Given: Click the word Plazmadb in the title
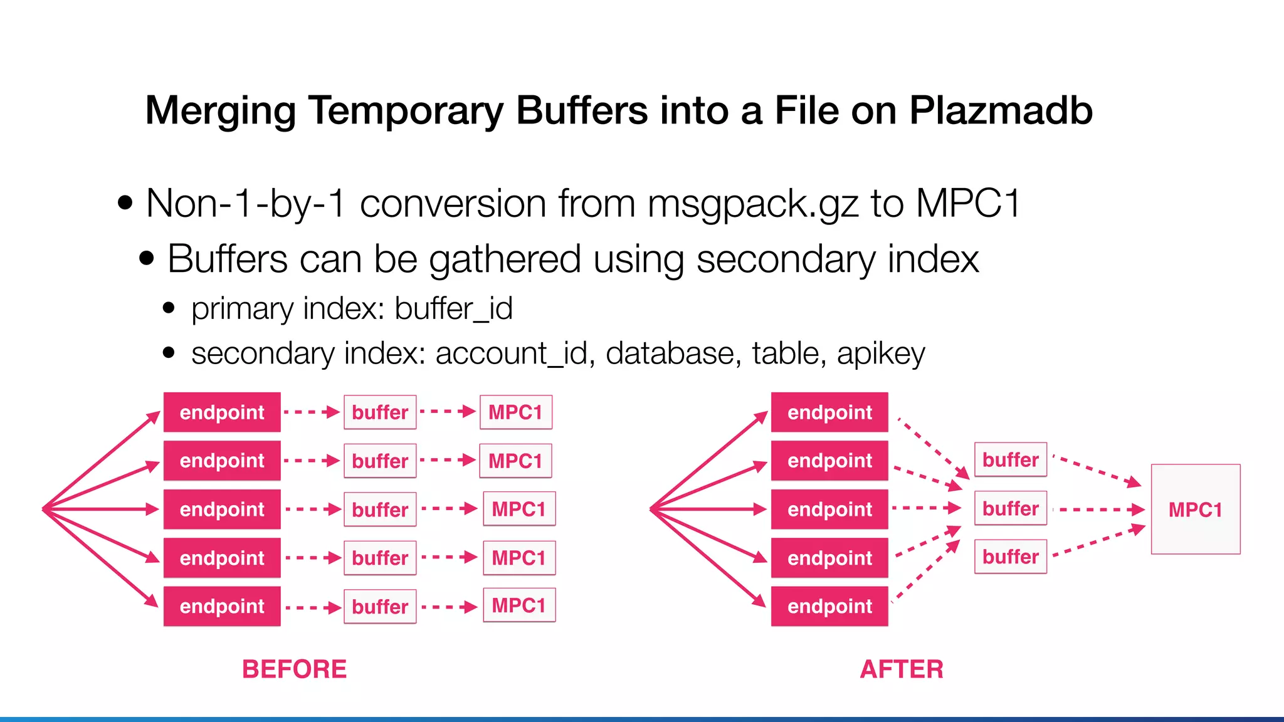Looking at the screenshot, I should (x=1001, y=111).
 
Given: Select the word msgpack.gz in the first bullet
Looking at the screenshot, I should (x=752, y=204).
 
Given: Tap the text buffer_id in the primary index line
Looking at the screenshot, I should (x=453, y=308).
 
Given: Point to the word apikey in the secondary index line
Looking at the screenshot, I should (x=880, y=354).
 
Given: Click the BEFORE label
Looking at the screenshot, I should (x=294, y=669).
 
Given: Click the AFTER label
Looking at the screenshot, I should (x=901, y=669).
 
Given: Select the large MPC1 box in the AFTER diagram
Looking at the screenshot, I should (x=1195, y=510).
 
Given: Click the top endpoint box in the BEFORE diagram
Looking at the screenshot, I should (x=222, y=412).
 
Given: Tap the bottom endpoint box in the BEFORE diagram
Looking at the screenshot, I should (x=222, y=606).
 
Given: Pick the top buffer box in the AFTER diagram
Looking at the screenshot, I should (x=1010, y=460).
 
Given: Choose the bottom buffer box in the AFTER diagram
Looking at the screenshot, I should (x=1010, y=557).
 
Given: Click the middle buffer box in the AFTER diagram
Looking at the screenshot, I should (x=1010, y=508).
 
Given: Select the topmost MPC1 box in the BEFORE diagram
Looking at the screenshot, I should (x=515, y=412).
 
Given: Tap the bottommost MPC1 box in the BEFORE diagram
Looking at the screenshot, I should (x=518, y=605).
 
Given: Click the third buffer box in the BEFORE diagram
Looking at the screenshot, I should (x=380, y=510).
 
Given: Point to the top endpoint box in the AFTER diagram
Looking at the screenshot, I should (x=829, y=412).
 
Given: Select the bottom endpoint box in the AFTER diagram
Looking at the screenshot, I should (x=829, y=606).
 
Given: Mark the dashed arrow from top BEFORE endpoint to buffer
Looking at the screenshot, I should (x=311, y=412).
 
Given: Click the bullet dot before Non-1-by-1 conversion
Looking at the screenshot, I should (x=125, y=203).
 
